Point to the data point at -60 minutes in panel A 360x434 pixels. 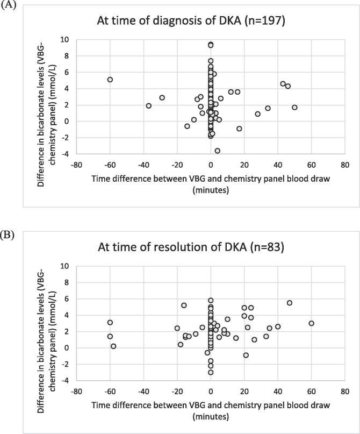coord(110,80)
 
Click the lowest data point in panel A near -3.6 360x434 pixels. coord(217,151)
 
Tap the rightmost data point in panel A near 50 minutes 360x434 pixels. coord(294,108)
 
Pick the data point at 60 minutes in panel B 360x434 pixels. coord(311,323)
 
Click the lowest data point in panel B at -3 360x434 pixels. coord(211,372)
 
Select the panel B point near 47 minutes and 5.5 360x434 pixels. coord(290,303)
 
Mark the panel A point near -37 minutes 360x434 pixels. coord(148,106)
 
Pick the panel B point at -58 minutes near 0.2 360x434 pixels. coord(113,346)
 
